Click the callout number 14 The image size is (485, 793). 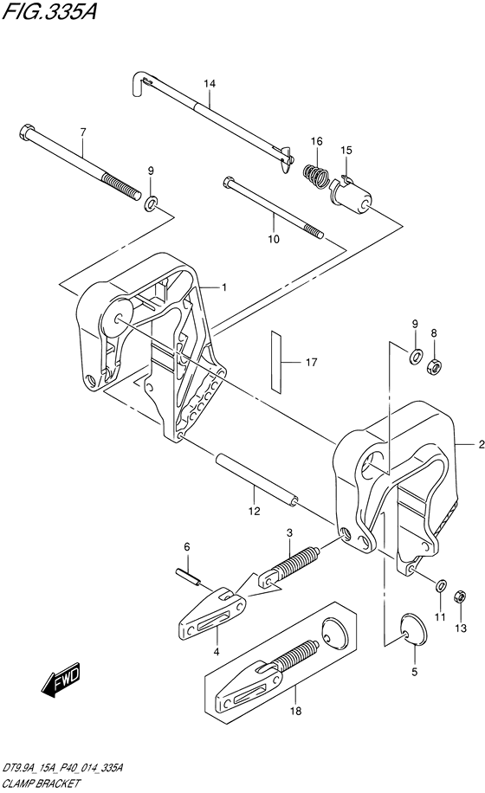click(x=210, y=83)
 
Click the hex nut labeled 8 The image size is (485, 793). click(x=433, y=364)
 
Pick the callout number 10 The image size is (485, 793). click(x=274, y=239)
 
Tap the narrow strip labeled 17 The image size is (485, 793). click(x=276, y=361)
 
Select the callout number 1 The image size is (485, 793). click(x=223, y=287)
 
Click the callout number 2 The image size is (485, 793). click(x=481, y=444)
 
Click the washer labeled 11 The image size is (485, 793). click(x=441, y=585)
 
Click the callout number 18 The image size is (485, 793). click(x=296, y=711)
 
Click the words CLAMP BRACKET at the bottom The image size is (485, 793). click(x=41, y=783)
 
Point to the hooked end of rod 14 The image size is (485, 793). click(x=139, y=82)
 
